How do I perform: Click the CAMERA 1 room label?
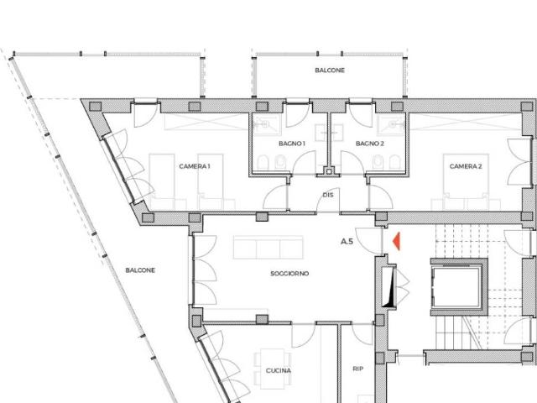[195, 166]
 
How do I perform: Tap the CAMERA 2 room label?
[466, 166]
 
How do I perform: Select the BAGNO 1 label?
[292, 144]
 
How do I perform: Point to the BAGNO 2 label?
[369, 144]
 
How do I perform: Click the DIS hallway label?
[328, 195]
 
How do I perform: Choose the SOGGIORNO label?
[289, 273]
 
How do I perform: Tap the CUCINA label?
[279, 370]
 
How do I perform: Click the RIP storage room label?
[358, 369]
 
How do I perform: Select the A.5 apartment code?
[347, 241]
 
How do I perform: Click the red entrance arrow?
[397, 241]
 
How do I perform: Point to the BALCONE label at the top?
[330, 71]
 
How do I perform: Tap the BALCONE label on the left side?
[140, 270]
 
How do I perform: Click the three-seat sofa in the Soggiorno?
[268, 247]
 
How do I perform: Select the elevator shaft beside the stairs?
[459, 287]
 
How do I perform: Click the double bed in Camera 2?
[466, 182]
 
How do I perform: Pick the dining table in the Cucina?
[272, 369]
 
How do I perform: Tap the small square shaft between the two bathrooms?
[329, 171]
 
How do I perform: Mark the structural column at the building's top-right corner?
[527, 107]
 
